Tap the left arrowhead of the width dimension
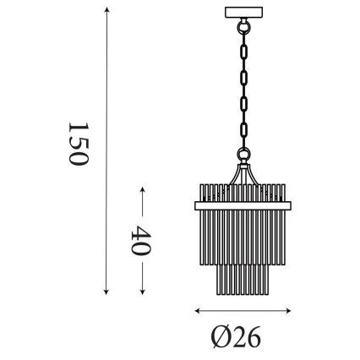197,309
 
